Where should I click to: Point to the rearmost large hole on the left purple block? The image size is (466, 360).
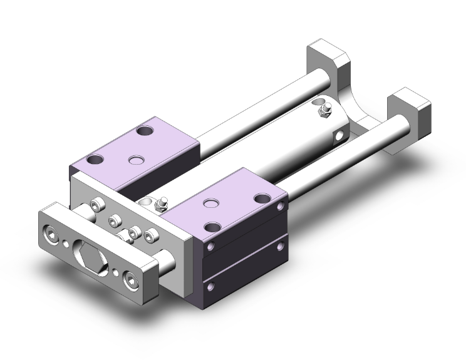(145, 131)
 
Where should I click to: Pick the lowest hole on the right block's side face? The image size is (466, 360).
(210, 287)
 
